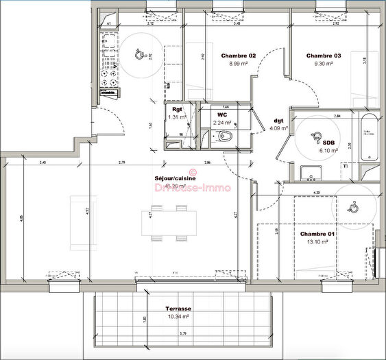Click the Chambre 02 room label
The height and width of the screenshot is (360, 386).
238,56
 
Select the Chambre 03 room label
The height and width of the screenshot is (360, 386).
324,56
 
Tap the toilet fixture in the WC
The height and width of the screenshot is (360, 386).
227,136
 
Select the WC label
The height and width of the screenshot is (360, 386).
222,115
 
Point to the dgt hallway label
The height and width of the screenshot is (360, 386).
278,120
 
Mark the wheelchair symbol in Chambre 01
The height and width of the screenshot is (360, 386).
352,206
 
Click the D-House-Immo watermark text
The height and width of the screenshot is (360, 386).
193,187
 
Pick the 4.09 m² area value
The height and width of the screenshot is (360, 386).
278,128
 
